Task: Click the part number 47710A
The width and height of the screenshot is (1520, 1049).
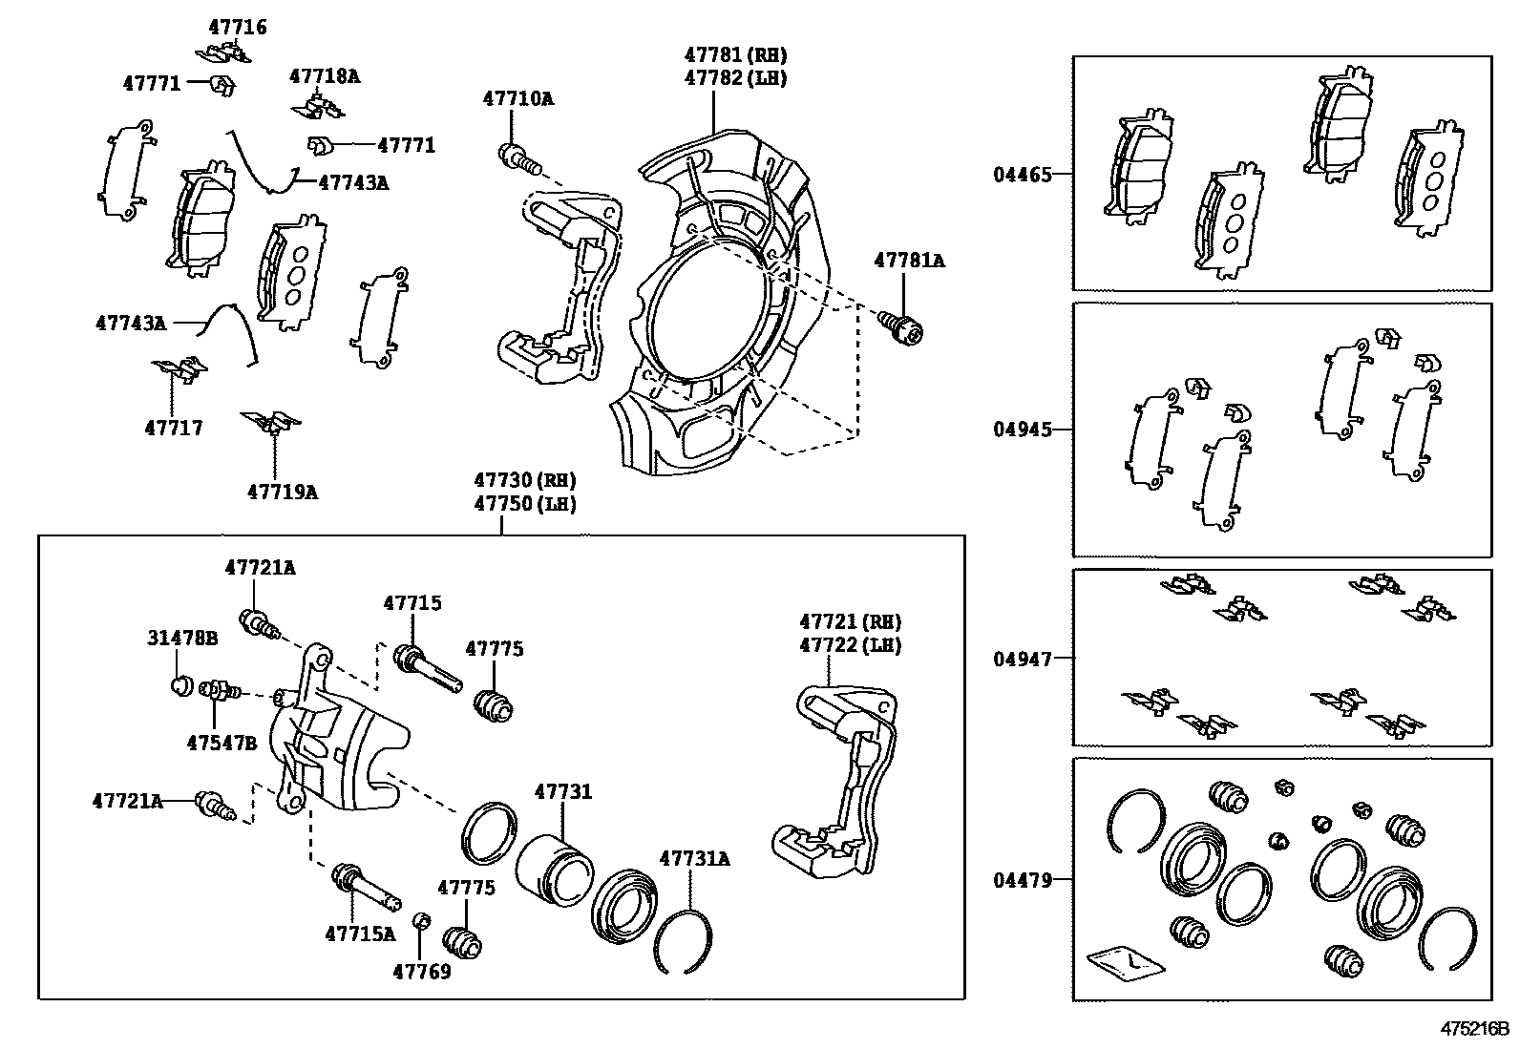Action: click(x=517, y=98)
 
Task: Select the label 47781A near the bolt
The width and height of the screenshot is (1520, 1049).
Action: click(x=909, y=261)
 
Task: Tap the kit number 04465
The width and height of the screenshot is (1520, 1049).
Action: click(x=1022, y=175)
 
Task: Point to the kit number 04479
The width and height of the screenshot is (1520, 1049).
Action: click(x=1022, y=879)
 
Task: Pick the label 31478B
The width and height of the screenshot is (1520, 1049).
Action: click(x=182, y=638)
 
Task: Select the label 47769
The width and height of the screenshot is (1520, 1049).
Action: click(x=421, y=972)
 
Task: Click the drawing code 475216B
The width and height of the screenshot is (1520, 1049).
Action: click(x=1473, y=1030)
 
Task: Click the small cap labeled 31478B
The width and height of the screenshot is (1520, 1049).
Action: click(x=179, y=684)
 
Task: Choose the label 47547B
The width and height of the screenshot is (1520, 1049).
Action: click(x=221, y=743)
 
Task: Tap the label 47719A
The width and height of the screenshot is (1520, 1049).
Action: click(x=282, y=493)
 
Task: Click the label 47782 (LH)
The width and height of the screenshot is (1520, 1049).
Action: click(x=735, y=78)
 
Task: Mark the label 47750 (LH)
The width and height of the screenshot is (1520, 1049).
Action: click(x=525, y=503)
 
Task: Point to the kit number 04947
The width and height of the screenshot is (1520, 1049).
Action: click(x=1022, y=659)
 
